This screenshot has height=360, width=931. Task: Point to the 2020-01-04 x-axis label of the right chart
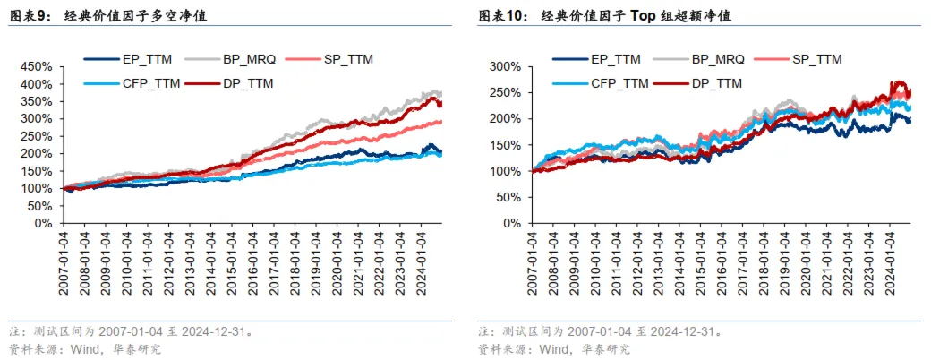(808, 260)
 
